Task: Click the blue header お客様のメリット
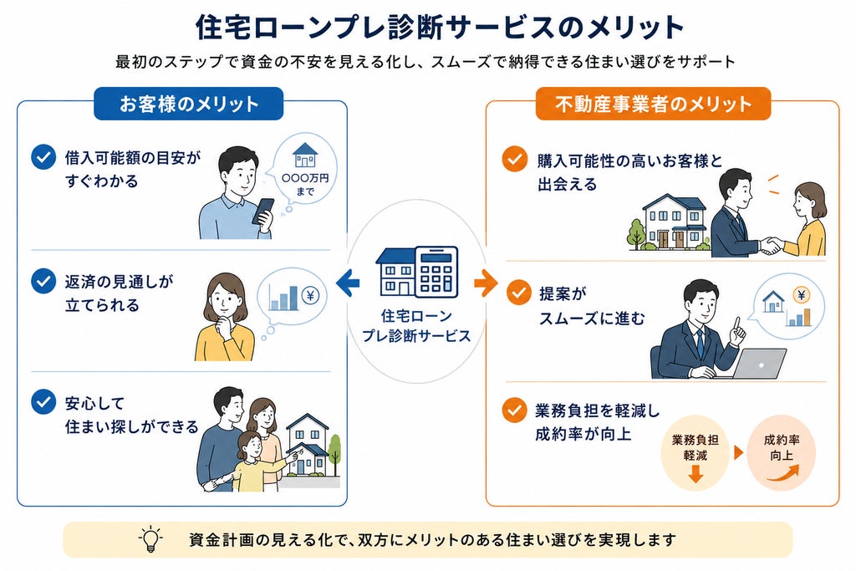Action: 188,104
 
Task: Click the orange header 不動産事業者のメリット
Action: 653,104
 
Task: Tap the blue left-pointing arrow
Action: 348,283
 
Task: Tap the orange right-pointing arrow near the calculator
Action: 486,283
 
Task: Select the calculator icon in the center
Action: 436,272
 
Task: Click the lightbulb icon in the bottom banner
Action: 150,540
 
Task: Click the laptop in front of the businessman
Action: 759,364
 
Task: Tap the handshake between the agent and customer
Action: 771,246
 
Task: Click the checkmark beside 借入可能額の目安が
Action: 43,157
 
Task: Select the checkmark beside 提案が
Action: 518,293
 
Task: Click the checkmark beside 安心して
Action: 43,402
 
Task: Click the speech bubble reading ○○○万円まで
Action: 304,171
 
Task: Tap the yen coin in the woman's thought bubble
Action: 311,296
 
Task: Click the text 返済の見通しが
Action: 119,282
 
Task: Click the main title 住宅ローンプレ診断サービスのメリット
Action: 440,27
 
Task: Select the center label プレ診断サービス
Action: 416,335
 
